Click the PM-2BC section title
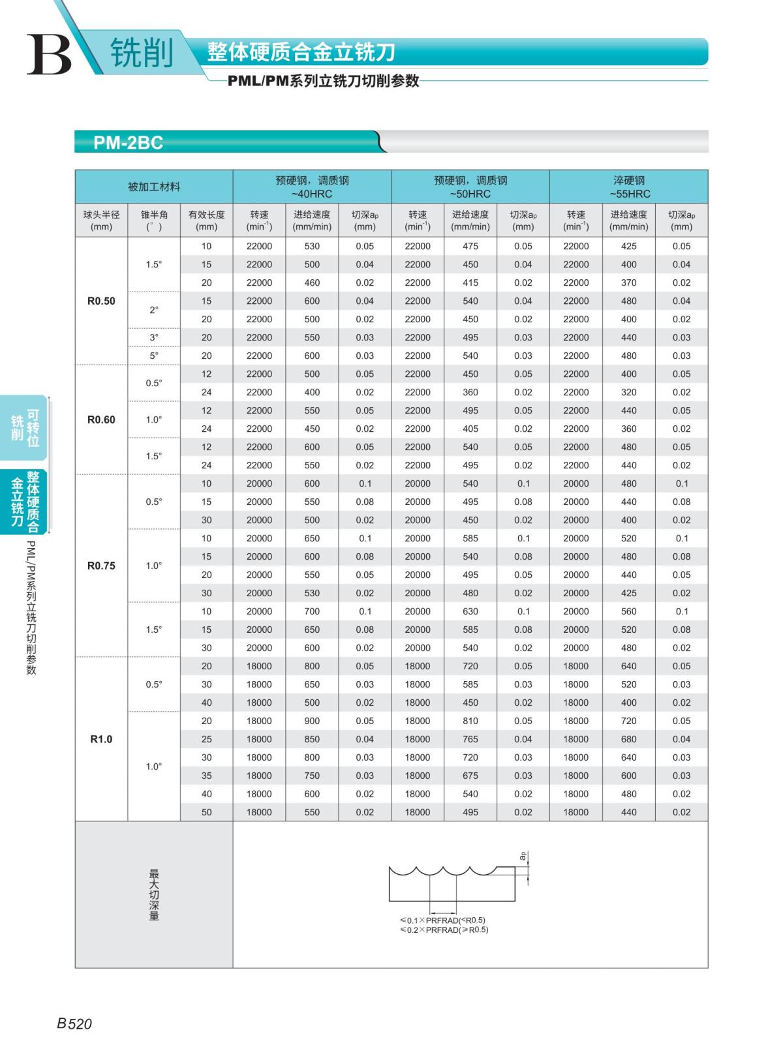(128, 142)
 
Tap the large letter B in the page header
(48, 54)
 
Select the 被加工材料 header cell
(153, 187)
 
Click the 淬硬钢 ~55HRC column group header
(628, 187)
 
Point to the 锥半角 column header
(154, 220)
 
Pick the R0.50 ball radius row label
(101, 301)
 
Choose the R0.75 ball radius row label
(101, 566)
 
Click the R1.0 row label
(101, 739)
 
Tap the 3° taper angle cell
(154, 337)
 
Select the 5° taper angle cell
(154, 356)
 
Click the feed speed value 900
(312, 721)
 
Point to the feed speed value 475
(470, 246)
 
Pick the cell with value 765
(470, 739)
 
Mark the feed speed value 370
(628, 282)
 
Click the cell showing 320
(628, 392)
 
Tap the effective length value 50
(206, 812)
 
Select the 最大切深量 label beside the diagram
(154, 894)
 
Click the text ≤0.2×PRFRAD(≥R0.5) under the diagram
(444, 930)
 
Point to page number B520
(74, 1024)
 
